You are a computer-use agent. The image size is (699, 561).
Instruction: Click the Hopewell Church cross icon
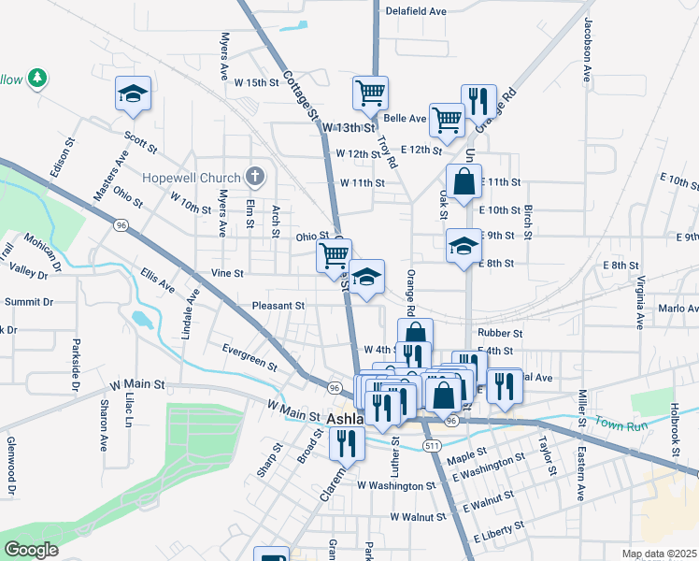tap(253, 177)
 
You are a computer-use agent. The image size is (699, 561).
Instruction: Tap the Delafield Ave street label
tap(417, 12)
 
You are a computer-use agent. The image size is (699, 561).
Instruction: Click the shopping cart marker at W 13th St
tap(371, 93)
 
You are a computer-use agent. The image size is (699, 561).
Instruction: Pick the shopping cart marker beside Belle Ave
tap(448, 119)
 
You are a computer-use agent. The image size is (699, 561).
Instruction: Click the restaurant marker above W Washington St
tap(348, 441)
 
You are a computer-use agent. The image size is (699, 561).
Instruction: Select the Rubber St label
tap(499, 333)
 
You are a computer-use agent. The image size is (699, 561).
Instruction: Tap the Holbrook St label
tap(675, 430)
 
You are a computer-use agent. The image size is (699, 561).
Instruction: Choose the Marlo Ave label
tap(678, 309)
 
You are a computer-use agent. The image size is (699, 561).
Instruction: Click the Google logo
tap(31, 550)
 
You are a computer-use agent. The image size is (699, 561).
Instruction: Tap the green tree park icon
tap(37, 79)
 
